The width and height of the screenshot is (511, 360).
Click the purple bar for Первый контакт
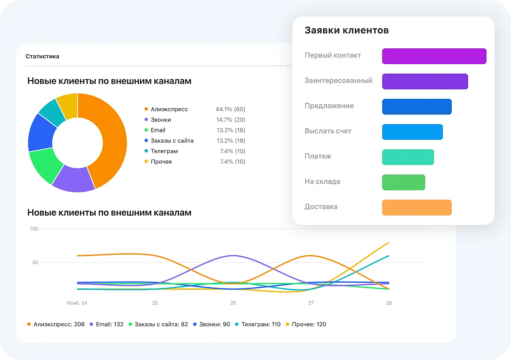click(x=434, y=56)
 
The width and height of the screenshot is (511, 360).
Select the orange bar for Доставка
click(x=417, y=208)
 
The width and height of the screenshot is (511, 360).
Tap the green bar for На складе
click(x=403, y=182)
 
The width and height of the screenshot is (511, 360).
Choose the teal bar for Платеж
click(x=408, y=157)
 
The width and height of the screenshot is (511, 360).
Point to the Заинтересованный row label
click(x=338, y=81)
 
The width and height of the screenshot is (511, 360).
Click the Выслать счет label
click(x=328, y=131)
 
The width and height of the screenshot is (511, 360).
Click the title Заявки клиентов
click(x=346, y=30)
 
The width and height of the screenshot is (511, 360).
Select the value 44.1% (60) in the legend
click(x=230, y=109)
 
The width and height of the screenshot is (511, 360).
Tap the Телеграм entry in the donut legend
click(x=164, y=151)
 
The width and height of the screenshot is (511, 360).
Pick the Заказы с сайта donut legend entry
click(x=172, y=141)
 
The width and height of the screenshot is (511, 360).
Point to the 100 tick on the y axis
click(x=34, y=229)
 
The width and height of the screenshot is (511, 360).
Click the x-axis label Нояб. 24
click(x=77, y=303)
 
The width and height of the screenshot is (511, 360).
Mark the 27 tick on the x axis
click(x=311, y=303)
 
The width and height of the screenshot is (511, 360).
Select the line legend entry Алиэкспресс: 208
click(x=59, y=325)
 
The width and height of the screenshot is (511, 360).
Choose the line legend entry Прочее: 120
click(x=309, y=325)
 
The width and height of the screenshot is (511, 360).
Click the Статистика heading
click(x=42, y=57)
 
